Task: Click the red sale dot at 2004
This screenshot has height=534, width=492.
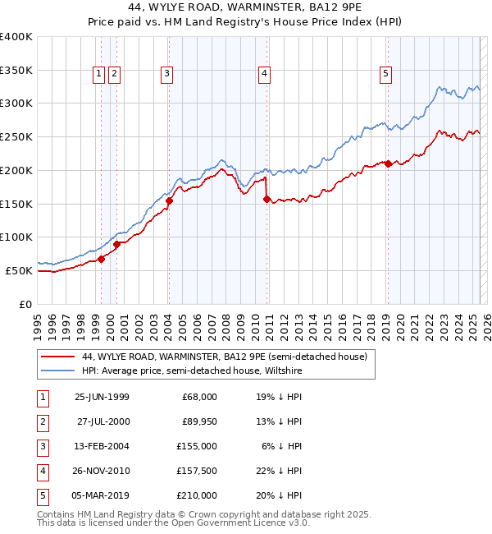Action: [x=169, y=200]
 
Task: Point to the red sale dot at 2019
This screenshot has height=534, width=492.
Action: [x=388, y=163]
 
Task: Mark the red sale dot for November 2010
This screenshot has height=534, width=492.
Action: [x=267, y=199]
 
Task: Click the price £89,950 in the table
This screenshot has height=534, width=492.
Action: [x=198, y=421]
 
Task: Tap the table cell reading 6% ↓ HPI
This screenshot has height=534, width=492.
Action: [x=281, y=446]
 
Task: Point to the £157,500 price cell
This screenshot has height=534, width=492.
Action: [x=198, y=471]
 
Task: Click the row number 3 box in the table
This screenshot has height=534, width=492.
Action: [x=41, y=446]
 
